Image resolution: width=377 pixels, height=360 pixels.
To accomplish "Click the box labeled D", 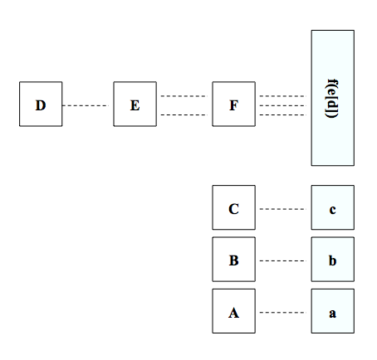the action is tap(41, 104).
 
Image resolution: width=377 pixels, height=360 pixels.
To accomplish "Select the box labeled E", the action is tap(135, 104).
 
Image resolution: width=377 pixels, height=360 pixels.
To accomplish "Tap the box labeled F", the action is tap(234, 104).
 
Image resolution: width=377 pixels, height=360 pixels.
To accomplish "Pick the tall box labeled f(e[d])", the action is tap(333, 98).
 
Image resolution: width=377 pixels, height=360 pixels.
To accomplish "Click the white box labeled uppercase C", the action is tap(234, 207).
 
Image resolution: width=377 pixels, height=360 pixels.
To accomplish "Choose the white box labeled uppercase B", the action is tap(234, 260).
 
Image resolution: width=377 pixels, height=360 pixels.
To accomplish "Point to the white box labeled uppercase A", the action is tap(234, 311).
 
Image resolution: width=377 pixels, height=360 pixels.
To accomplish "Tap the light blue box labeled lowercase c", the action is tap(333, 207).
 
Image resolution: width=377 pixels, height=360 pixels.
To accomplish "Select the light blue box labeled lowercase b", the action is tap(333, 260).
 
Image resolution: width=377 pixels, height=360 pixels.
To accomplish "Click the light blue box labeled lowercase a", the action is tap(333, 311).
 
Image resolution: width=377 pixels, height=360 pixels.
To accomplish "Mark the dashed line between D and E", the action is tap(86, 105).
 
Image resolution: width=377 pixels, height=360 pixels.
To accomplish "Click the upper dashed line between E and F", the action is tap(184, 96).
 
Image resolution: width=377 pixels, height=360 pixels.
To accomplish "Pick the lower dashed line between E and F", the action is tap(184, 114).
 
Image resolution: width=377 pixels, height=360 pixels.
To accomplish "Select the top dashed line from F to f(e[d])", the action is tap(283, 96).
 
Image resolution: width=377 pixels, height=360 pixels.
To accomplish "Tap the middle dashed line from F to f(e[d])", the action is tap(283, 105).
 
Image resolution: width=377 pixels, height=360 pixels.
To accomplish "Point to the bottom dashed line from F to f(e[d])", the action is tap(283, 114).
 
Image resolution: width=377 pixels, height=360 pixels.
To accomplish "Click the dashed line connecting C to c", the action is tap(283, 209).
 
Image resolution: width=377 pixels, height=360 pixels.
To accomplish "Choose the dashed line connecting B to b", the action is tap(283, 260).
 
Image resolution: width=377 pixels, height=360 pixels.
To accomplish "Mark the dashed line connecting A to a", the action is tap(283, 313).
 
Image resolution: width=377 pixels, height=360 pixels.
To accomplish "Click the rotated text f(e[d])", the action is tap(332, 99).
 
